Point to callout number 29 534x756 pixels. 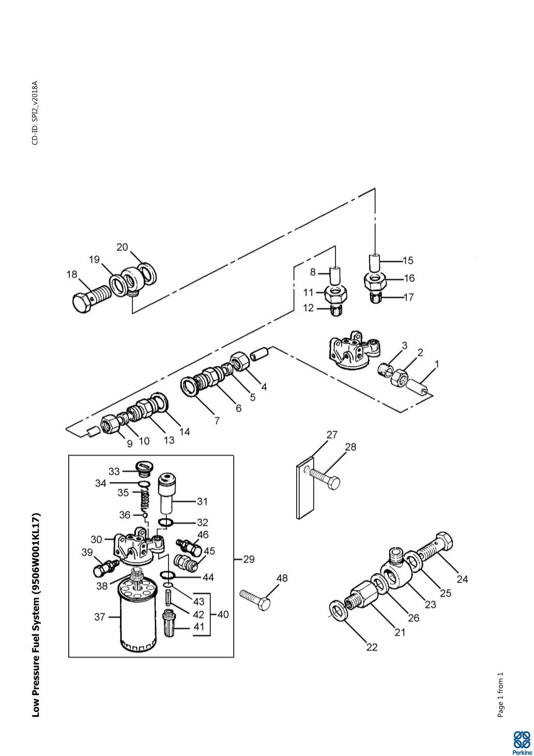[x=249, y=559]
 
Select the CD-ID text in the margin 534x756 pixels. [x=35, y=113]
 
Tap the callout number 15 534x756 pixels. [x=408, y=261]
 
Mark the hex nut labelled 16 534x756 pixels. [x=375, y=279]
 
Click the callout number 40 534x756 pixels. [x=223, y=614]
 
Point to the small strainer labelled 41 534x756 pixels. [x=169, y=627]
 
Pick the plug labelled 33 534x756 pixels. [x=145, y=468]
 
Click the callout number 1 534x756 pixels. [x=437, y=364]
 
